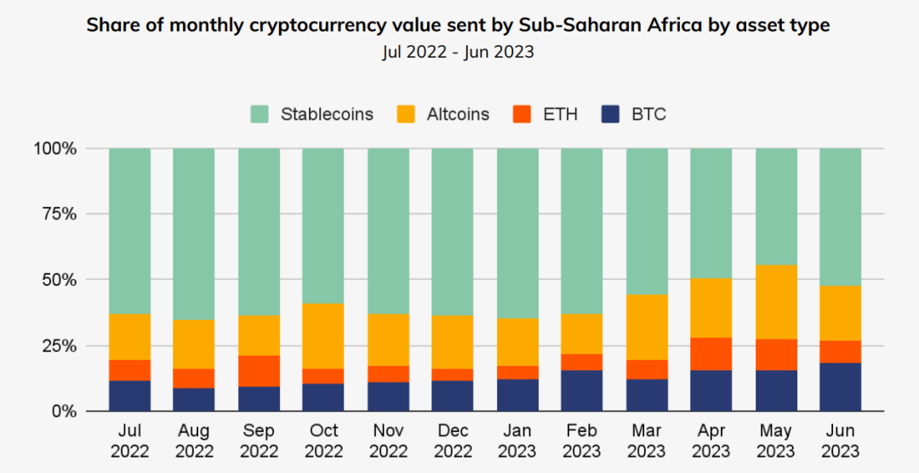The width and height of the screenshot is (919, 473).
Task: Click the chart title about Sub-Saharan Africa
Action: pyautogui.click(x=459, y=26)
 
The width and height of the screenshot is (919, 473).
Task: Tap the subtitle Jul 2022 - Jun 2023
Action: pyautogui.click(x=459, y=52)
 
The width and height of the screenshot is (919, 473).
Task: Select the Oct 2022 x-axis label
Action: pyautogui.click(x=323, y=441)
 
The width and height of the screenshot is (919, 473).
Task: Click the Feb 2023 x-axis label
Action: pyautogui.click(x=582, y=441)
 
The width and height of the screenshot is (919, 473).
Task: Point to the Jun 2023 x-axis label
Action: pyautogui.click(x=840, y=441)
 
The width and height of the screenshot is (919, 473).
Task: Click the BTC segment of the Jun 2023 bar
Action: pyautogui.click(x=840, y=387)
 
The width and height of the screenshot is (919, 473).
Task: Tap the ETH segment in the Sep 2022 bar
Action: pyautogui.click(x=259, y=371)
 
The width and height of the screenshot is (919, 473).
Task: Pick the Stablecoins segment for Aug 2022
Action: pyautogui.click(x=194, y=234)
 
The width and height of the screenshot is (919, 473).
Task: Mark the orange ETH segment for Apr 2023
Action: pyautogui.click(x=711, y=354)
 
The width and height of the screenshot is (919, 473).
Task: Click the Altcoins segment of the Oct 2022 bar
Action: pyautogui.click(x=323, y=336)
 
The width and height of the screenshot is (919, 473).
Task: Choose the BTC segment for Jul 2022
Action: pyautogui.click(x=129, y=396)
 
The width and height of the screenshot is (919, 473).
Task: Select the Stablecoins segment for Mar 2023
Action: pyautogui.click(x=647, y=221)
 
